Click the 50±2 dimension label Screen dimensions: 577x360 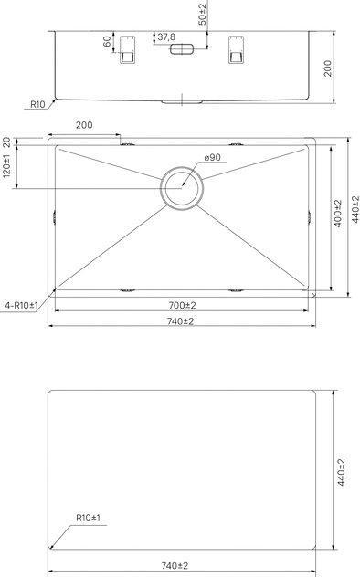[203, 14]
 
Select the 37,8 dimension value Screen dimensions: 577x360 [166, 37]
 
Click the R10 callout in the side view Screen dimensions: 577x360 [37, 105]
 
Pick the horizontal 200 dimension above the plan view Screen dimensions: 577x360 [85, 125]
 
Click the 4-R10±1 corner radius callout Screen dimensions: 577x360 [20, 304]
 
